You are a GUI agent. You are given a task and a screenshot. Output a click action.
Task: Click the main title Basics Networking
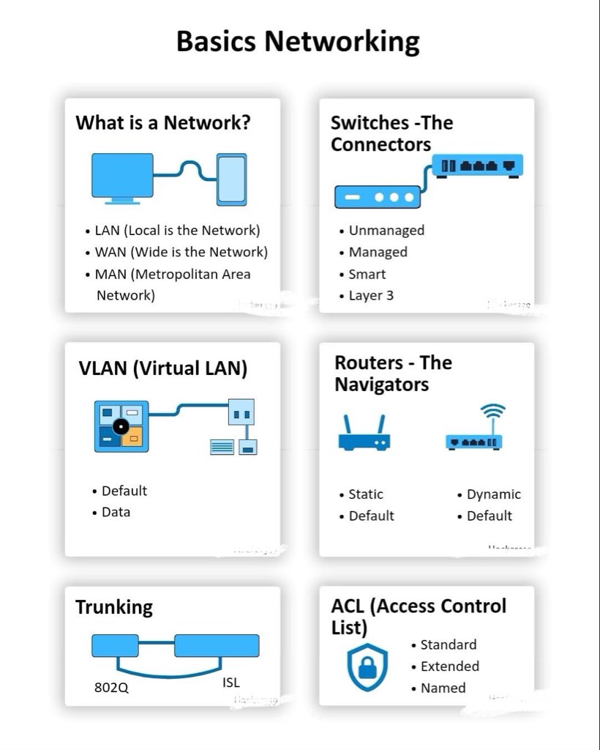299,41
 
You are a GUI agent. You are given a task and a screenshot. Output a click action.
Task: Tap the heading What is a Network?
163,122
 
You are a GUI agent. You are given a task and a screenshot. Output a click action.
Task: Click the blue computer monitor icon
122,177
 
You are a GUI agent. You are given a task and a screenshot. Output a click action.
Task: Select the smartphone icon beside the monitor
231,179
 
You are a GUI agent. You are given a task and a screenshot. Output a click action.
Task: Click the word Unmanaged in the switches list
386,230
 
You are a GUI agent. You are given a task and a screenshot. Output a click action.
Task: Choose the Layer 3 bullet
371,295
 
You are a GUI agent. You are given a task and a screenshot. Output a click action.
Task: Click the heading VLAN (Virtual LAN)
162,368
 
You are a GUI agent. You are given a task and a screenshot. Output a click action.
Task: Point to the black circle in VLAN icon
120,426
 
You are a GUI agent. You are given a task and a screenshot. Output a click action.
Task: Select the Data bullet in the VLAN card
116,512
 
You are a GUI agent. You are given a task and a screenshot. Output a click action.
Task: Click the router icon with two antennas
364,434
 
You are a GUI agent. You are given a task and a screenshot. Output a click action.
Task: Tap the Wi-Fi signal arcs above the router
494,412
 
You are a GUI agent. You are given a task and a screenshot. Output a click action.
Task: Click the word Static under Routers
366,494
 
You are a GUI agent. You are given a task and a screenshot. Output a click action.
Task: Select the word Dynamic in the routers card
494,494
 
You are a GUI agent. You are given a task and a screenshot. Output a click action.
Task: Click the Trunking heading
114,607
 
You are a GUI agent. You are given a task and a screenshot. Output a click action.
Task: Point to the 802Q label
111,688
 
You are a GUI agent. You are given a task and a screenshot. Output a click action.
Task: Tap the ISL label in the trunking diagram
231,683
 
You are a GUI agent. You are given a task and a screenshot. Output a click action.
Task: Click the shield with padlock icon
367,667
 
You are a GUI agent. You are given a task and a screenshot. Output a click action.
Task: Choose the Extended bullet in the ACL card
450,667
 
